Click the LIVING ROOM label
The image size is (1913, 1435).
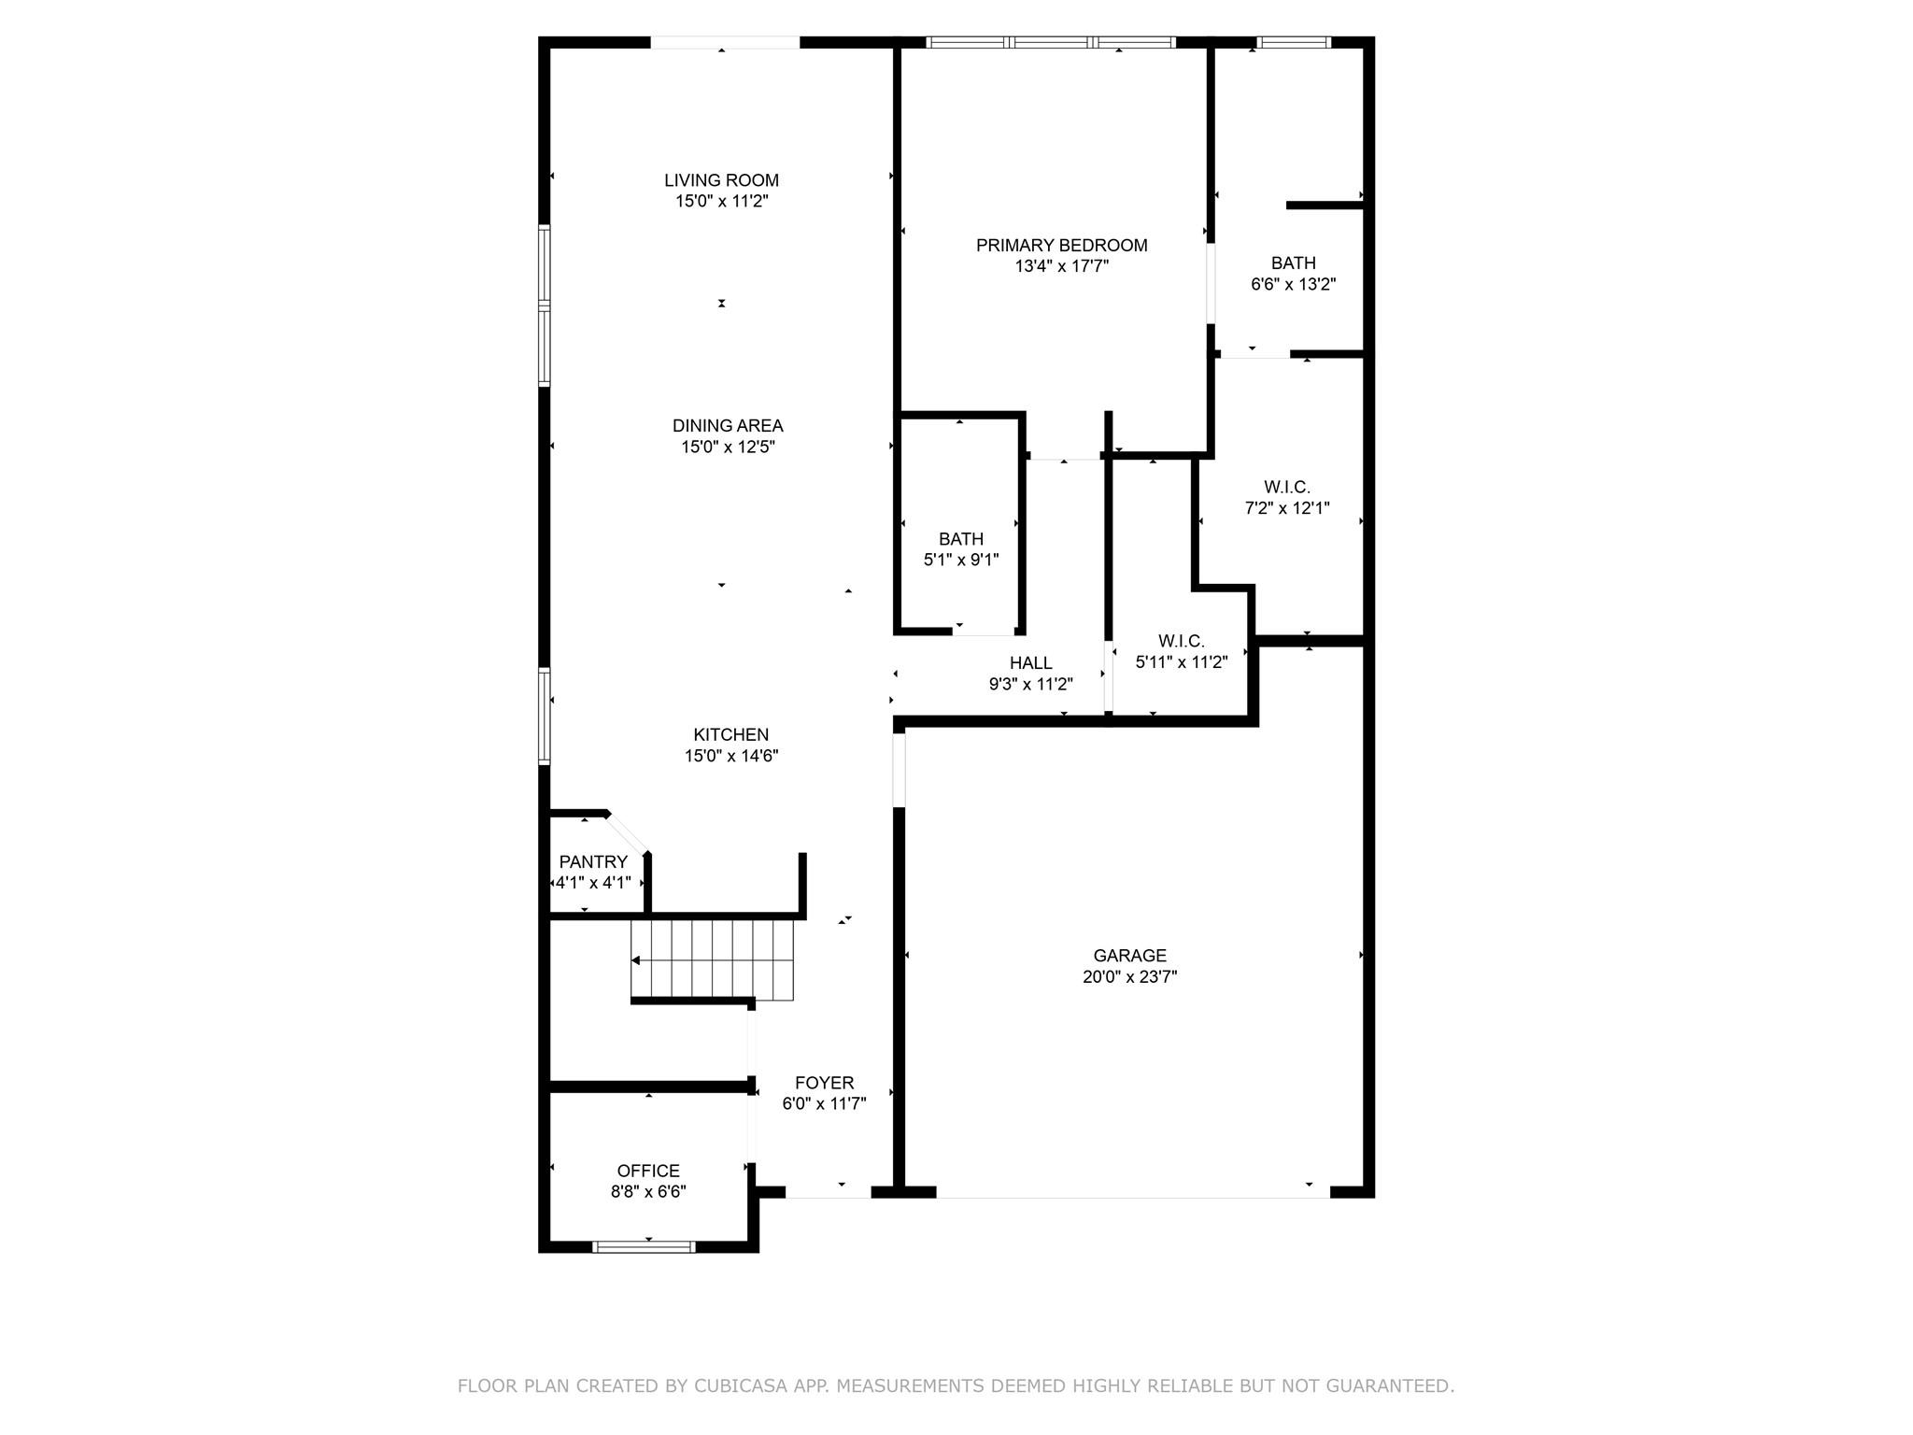721,180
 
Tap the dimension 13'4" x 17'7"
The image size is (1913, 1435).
1061,266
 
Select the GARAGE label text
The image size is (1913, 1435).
1129,956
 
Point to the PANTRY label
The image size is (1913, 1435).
593,861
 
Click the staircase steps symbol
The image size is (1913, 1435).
712,959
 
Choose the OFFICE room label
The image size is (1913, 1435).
648,1171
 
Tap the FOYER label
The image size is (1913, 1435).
824,1083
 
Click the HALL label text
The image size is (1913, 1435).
1030,663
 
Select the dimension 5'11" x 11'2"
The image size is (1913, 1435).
1181,662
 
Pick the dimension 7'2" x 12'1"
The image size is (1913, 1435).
1286,508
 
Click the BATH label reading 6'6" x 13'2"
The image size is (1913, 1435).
1293,263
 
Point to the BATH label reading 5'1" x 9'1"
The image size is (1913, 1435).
960,539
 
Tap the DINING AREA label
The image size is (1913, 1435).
728,426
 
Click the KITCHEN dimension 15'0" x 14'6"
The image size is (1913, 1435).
730,756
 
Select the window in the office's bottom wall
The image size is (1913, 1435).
645,1246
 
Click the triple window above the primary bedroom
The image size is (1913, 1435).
1051,42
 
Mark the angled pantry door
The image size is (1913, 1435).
626,833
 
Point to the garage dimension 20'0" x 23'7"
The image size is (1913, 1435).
1129,977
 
